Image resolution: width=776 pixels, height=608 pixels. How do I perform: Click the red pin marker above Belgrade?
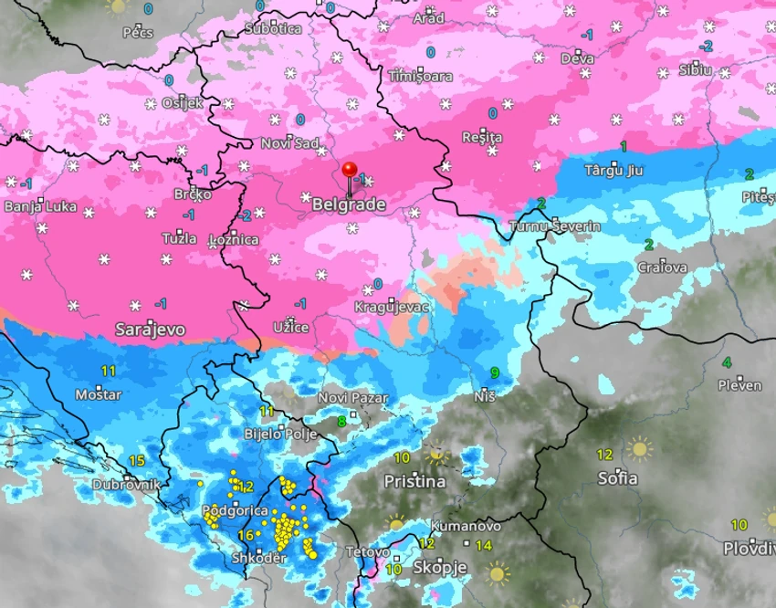[350, 171]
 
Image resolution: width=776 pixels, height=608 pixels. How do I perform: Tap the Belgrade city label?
[349, 205]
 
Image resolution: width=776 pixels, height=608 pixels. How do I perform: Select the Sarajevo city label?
[151, 329]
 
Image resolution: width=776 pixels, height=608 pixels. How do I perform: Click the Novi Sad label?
[289, 143]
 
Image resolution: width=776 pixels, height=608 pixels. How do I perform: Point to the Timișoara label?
[420, 77]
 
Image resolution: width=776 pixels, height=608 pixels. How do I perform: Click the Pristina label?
[414, 481]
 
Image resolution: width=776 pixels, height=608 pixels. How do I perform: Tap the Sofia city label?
[617, 478]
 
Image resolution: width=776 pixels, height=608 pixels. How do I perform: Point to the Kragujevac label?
[392, 308]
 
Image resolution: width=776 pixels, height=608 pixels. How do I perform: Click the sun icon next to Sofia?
[639, 449]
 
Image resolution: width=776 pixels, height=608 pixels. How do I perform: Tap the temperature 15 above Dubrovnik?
[138, 461]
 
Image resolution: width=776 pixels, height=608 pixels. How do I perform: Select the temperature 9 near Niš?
[495, 372]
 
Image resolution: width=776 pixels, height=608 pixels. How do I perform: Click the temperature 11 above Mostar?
[109, 371]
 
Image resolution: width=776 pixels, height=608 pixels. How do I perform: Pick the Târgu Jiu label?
[613, 170]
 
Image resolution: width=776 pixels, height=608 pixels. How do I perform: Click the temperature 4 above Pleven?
[727, 362]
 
